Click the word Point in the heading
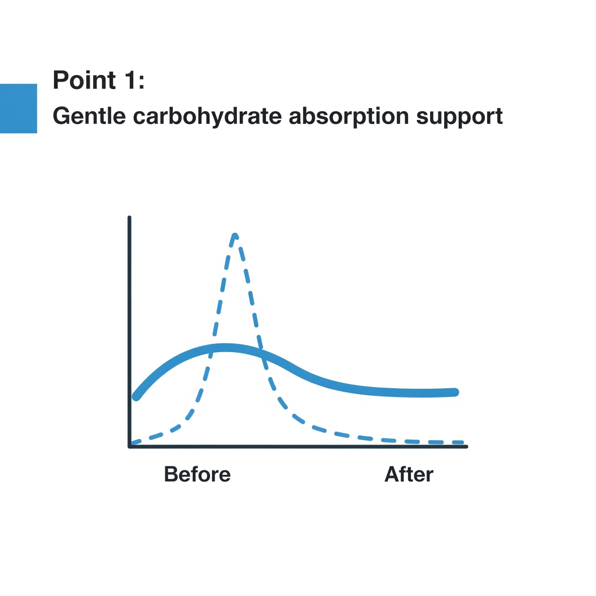click(84, 80)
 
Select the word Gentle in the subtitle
click(89, 116)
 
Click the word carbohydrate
click(207, 116)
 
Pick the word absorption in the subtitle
click(349, 116)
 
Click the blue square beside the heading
click(18, 108)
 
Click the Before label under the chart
click(197, 474)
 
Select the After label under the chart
click(409, 474)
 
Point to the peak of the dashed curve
click(235, 235)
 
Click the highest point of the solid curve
click(225, 348)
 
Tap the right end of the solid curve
click(455, 392)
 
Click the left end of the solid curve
click(136, 397)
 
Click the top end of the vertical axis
click(130, 218)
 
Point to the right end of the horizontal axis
click(467, 446)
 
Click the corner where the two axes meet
click(130, 446)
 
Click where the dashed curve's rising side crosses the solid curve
click(211, 349)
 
